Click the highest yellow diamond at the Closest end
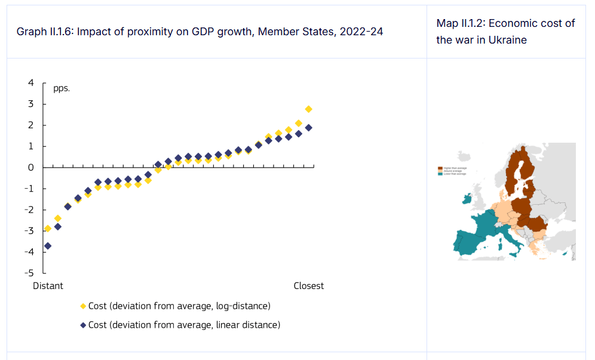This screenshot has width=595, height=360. tap(308, 109)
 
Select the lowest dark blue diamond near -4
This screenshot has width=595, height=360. tap(48, 246)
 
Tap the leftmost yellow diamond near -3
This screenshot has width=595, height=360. tap(48, 229)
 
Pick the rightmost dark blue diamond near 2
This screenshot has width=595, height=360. tap(308, 128)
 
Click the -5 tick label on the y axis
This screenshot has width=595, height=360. tap(28, 273)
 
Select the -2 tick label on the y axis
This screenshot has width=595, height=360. tap(28, 210)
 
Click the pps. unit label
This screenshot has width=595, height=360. tap(62, 88)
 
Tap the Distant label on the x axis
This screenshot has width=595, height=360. tap(48, 286)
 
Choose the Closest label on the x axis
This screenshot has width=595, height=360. tap(309, 286)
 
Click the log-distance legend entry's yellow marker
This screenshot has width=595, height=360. tap(83, 306)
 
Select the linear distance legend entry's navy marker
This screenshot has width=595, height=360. tap(83, 325)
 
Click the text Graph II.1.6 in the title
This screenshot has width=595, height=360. tap(44, 32)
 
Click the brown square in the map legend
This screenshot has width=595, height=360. tap(440, 169)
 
